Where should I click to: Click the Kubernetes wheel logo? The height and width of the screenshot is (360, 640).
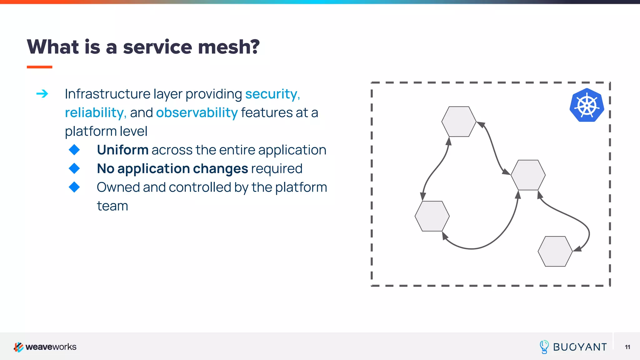(x=587, y=105)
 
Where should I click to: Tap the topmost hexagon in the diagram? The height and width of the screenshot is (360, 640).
(x=459, y=122)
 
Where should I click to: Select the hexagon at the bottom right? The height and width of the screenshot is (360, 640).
(x=555, y=251)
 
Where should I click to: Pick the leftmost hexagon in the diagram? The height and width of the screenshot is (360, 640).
(x=432, y=216)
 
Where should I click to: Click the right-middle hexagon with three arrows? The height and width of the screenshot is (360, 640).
(x=528, y=175)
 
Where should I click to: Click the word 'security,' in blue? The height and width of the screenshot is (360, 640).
(x=272, y=94)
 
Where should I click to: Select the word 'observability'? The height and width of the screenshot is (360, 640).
(x=197, y=113)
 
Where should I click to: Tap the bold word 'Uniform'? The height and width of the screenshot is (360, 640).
(x=122, y=150)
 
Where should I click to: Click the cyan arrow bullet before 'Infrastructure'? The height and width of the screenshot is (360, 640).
(x=42, y=93)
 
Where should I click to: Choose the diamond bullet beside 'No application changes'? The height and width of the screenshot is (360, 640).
(x=74, y=168)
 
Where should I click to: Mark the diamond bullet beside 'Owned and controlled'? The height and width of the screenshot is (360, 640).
(x=74, y=187)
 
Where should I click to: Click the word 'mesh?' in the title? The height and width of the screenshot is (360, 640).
(x=229, y=47)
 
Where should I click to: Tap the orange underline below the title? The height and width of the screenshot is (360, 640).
(x=39, y=67)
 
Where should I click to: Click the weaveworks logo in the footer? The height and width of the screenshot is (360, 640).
(x=45, y=347)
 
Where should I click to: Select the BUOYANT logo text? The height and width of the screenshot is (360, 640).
(x=580, y=347)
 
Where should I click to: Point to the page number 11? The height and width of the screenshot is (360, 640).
(x=627, y=347)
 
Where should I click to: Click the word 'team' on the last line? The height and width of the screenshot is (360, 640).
(x=112, y=206)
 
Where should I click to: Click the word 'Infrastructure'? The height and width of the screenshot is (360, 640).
(x=107, y=94)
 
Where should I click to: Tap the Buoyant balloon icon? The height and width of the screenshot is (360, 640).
(x=544, y=347)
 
